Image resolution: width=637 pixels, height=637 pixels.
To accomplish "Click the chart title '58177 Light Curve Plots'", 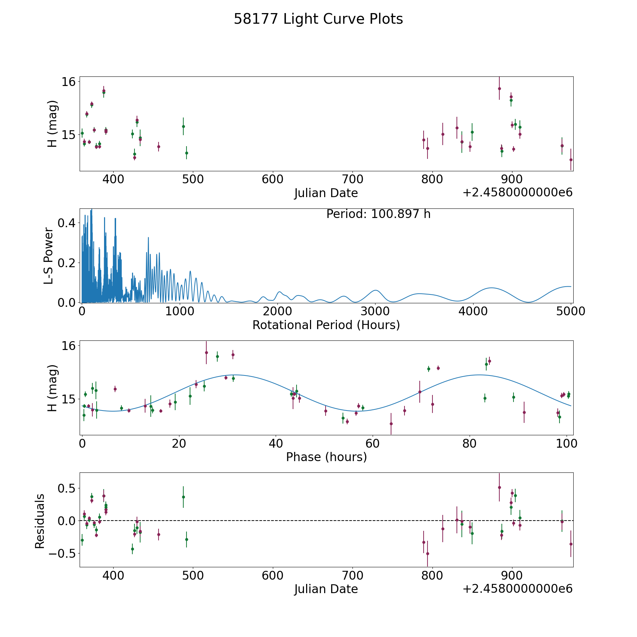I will pyautogui.click(x=318, y=19).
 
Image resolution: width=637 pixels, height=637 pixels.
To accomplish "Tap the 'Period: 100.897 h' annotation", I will pyautogui.click(x=378, y=214).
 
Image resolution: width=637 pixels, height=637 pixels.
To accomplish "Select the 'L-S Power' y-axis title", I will pyautogui.click(x=49, y=256).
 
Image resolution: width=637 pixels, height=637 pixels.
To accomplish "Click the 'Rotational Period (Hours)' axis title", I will pyautogui.click(x=326, y=325).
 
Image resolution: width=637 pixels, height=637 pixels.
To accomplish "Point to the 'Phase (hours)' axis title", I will pyautogui.click(x=326, y=457).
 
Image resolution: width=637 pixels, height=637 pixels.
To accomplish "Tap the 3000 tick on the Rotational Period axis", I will pyautogui.click(x=375, y=311).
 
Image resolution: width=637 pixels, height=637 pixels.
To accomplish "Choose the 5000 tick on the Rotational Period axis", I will pyautogui.click(x=571, y=311).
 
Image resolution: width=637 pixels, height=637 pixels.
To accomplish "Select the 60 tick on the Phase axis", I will pyautogui.click(x=373, y=443).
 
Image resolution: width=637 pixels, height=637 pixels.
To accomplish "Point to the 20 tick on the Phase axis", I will pyautogui.click(x=179, y=443).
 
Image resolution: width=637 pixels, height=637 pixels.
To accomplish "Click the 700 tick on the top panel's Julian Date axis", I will pyautogui.click(x=352, y=179).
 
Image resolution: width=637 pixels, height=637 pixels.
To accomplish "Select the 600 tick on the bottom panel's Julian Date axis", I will pyautogui.click(x=272, y=575).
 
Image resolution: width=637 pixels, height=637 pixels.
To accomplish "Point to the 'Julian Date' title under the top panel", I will pyautogui.click(x=326, y=193).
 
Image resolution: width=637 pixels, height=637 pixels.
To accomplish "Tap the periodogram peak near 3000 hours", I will pyautogui.click(x=375, y=290).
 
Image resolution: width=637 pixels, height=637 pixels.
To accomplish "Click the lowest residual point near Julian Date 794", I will pyautogui.click(x=427, y=553).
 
